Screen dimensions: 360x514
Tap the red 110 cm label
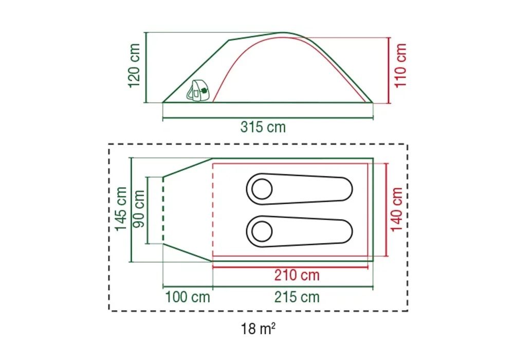[400, 65]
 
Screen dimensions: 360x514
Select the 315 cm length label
[263, 127]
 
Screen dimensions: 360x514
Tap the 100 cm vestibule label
[187, 297]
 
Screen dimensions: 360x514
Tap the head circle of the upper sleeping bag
[262, 189]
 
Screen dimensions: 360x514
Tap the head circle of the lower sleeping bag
[262, 231]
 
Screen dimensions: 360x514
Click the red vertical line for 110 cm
[388, 70]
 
